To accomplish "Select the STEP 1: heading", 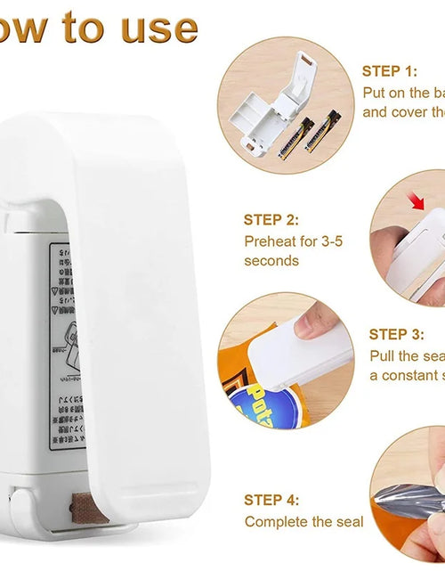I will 389,70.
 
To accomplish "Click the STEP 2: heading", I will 271,219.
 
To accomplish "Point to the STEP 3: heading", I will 396,334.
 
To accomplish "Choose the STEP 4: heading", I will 271,500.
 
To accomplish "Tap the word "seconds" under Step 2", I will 271,260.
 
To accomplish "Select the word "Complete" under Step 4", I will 277,521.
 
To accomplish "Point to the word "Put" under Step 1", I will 375,92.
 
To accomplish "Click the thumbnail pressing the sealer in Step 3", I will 307,326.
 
